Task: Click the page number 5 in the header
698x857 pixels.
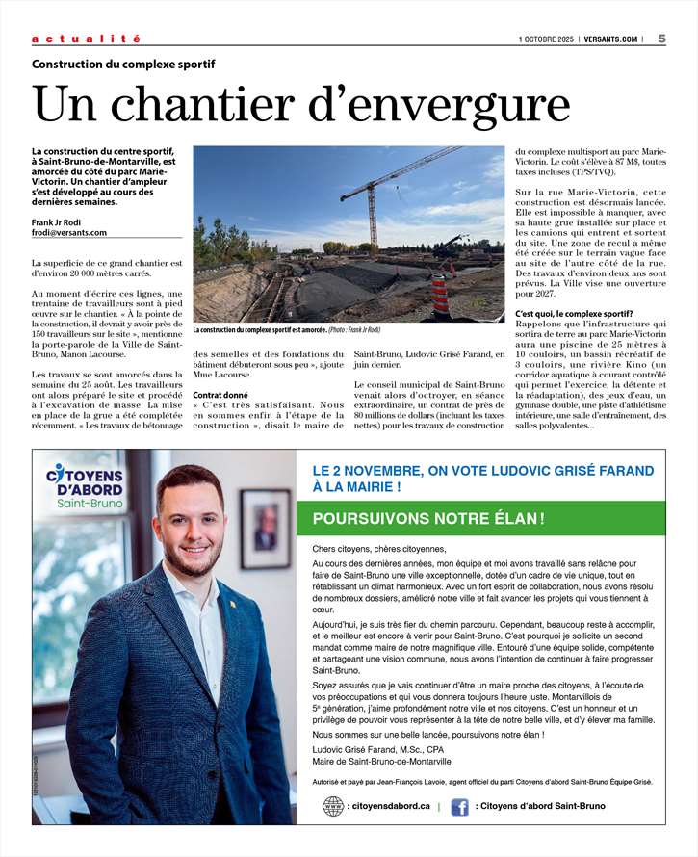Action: (662, 39)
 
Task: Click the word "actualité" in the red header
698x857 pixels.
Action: (86, 39)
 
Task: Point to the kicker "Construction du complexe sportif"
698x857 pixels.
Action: (123, 65)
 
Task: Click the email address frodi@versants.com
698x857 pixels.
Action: (69, 232)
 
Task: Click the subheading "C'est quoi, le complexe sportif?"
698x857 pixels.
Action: (574, 313)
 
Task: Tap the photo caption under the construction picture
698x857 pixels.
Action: (286, 329)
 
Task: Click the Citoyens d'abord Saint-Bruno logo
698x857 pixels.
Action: (84, 487)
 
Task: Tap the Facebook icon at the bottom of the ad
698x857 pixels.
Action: (459, 806)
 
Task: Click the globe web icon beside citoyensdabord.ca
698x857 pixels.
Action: (333, 806)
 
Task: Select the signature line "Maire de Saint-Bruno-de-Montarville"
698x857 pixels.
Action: (381, 761)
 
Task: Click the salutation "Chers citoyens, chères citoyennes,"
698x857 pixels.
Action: (379, 548)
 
